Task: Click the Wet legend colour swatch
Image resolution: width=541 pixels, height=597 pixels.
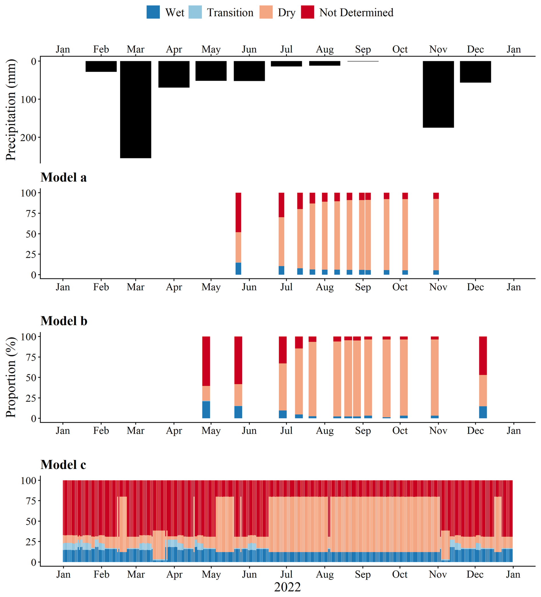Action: click(153, 12)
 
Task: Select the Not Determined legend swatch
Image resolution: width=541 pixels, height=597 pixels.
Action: click(307, 12)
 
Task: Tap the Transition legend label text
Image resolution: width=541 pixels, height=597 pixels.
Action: click(230, 13)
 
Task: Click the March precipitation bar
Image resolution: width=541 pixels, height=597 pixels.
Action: click(136, 110)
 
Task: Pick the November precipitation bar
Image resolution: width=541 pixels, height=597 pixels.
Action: click(438, 94)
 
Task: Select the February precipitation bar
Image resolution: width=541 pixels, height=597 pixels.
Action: click(101, 66)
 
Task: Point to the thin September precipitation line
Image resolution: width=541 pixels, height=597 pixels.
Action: click(363, 61)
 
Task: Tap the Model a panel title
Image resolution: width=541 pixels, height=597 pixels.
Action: click(64, 177)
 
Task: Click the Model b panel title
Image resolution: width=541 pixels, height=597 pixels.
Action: click(64, 321)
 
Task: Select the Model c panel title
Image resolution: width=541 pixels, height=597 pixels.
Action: click(63, 465)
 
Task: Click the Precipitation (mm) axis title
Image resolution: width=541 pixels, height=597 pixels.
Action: click(11, 110)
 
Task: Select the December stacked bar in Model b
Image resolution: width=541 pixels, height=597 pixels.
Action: click(483, 377)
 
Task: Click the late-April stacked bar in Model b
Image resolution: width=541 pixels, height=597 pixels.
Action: click(206, 377)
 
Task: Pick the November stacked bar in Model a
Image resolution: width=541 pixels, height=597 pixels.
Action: click(436, 234)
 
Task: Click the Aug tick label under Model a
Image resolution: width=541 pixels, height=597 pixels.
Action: click(325, 287)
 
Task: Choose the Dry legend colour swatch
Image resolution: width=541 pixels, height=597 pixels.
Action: click(266, 12)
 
